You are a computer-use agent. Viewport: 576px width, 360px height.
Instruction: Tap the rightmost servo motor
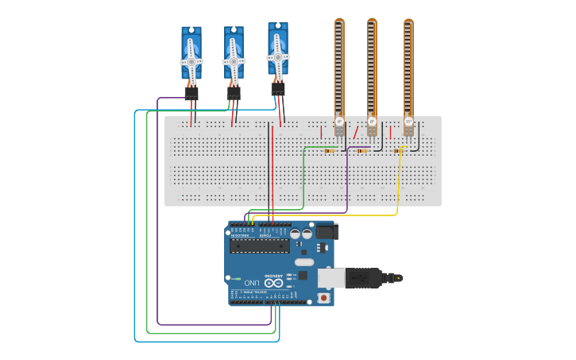click(277, 52)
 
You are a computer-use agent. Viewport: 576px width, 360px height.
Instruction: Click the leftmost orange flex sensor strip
click(339, 68)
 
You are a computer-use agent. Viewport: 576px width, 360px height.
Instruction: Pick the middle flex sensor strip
click(372, 68)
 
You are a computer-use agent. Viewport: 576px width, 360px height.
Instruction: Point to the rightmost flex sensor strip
click(408, 68)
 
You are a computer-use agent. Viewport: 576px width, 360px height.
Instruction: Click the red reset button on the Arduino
click(323, 298)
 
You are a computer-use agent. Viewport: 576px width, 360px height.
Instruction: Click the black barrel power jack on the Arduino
click(326, 231)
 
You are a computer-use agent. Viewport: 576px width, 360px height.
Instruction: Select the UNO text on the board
click(251, 282)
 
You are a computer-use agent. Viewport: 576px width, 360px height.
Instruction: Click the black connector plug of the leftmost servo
click(191, 94)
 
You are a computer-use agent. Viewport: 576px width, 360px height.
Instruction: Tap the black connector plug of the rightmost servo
click(277, 89)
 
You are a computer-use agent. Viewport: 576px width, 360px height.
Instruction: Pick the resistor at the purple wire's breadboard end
click(362, 150)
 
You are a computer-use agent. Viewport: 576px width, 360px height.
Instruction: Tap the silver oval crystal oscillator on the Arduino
click(304, 261)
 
